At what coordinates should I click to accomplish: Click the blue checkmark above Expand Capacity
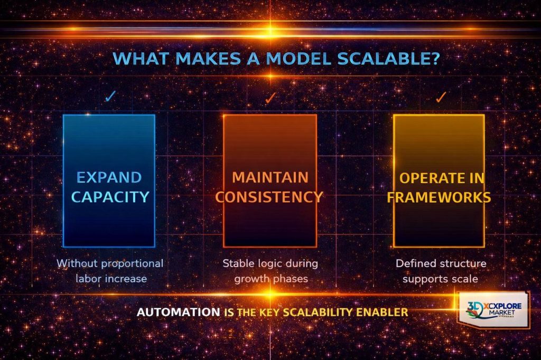point(110,97)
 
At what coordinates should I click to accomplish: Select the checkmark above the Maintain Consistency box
point(270,97)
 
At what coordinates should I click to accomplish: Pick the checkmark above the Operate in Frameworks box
point(441,97)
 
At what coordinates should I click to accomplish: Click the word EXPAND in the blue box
point(109,177)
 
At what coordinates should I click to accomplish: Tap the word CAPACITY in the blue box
point(110,197)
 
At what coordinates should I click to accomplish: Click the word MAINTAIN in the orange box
point(270,176)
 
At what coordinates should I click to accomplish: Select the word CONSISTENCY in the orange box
point(270,197)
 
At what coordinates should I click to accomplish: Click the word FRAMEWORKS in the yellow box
point(439,197)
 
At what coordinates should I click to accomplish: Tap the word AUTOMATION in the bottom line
point(178,312)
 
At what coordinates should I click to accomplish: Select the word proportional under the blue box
point(132,263)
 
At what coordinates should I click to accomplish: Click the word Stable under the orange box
point(237,263)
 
